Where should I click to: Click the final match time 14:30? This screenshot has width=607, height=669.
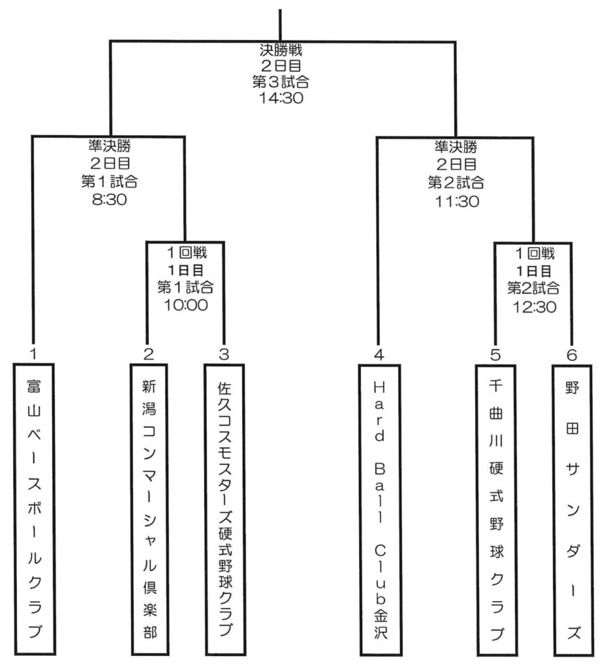(x=280, y=98)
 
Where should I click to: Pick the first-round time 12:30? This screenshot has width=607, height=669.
(x=533, y=306)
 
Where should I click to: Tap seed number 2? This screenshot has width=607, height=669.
(x=149, y=354)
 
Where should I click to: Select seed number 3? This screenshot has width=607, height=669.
(x=224, y=354)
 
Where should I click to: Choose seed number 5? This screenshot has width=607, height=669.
(x=495, y=354)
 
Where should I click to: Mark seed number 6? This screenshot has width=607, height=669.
(x=572, y=354)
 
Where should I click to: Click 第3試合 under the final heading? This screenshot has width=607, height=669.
(x=280, y=82)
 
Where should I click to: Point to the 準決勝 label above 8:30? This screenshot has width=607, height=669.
(x=108, y=146)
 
